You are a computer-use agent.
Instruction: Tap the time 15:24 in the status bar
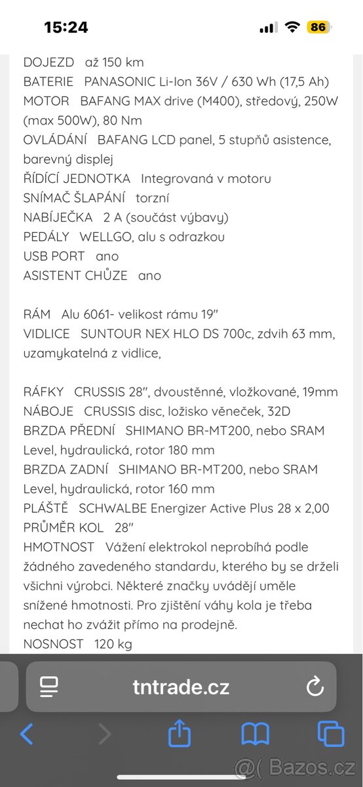pyautogui.click(x=66, y=27)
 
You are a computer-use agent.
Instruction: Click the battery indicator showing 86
pyautogui.click(x=318, y=27)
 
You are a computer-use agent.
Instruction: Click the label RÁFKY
pyautogui.click(x=43, y=392)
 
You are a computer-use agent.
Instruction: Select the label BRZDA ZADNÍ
pyautogui.click(x=67, y=469)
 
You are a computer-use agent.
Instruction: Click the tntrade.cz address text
pyautogui.click(x=181, y=687)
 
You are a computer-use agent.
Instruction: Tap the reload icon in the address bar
pyautogui.click(x=315, y=687)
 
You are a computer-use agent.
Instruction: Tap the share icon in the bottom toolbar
pyautogui.click(x=180, y=734)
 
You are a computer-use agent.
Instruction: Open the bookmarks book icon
pyautogui.click(x=255, y=734)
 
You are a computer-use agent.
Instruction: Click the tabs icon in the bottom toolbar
pyautogui.click(x=330, y=734)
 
